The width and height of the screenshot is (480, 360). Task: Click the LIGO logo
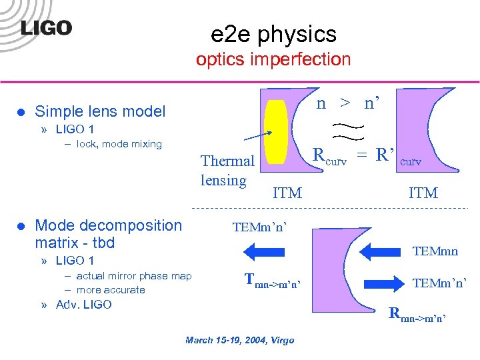tap(45, 28)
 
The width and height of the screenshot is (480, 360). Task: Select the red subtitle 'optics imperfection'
tap(273, 59)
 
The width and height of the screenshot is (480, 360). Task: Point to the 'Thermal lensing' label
tap(227, 170)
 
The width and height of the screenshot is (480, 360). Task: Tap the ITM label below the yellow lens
tap(287, 193)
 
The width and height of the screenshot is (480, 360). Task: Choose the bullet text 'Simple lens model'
tap(100, 111)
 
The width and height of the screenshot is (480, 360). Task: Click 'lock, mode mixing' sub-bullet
tap(119, 143)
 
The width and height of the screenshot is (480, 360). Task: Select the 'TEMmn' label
tap(435, 251)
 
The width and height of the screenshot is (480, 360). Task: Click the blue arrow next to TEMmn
tap(383, 251)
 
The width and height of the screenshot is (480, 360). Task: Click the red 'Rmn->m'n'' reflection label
tap(417, 313)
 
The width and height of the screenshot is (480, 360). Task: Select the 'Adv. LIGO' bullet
tap(84, 305)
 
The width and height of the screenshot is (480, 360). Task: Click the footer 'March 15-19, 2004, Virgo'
tap(239, 341)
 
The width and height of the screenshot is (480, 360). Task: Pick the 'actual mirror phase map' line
tap(133, 276)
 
